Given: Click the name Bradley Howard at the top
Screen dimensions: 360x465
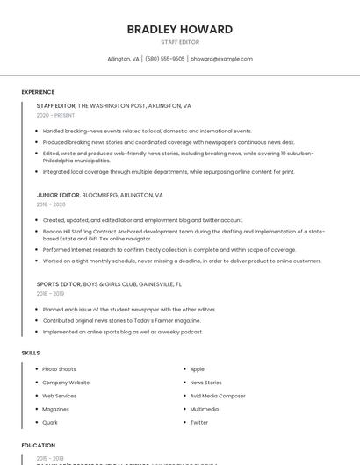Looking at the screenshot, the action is point(180,29).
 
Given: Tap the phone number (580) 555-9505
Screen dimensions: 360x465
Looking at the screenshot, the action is point(165,59).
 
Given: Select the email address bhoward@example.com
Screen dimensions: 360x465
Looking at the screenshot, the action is point(221,59).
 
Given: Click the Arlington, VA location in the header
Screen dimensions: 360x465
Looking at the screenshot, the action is point(123,59).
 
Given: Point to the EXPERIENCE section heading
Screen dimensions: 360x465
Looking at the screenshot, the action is point(38,92).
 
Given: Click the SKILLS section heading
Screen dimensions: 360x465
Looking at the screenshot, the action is point(31,353).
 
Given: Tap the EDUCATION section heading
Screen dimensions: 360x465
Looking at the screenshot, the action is point(39,446).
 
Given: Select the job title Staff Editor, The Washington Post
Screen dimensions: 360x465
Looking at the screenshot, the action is point(113,105).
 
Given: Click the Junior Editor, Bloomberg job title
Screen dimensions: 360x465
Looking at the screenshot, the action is point(99,195).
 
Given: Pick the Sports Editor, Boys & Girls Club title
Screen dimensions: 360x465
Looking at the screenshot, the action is point(109,284).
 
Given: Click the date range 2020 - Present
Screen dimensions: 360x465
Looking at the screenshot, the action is point(55,115).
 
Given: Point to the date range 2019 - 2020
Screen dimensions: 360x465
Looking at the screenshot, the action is point(51,204).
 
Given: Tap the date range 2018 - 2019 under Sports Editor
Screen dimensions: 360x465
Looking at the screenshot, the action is point(51,294).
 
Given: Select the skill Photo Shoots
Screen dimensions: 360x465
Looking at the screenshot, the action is point(59,369).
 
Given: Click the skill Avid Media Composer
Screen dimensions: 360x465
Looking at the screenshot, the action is point(218,396).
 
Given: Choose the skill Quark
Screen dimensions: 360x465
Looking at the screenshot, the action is point(50,422).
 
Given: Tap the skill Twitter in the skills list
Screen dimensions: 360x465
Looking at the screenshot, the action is point(199,422).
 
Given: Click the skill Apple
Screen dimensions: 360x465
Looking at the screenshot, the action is point(198,369).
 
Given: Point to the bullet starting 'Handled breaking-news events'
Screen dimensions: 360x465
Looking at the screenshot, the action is point(147,131).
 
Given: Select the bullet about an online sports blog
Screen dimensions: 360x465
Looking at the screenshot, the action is point(122,332).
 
